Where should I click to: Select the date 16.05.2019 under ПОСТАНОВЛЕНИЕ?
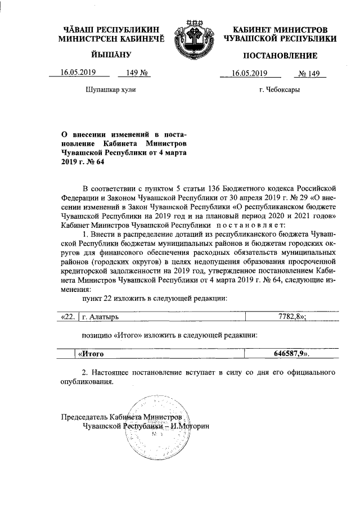point(249,73)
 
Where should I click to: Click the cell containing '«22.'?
point(67,317)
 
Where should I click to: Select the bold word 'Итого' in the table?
point(94,354)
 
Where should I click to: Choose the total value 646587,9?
point(287,354)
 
